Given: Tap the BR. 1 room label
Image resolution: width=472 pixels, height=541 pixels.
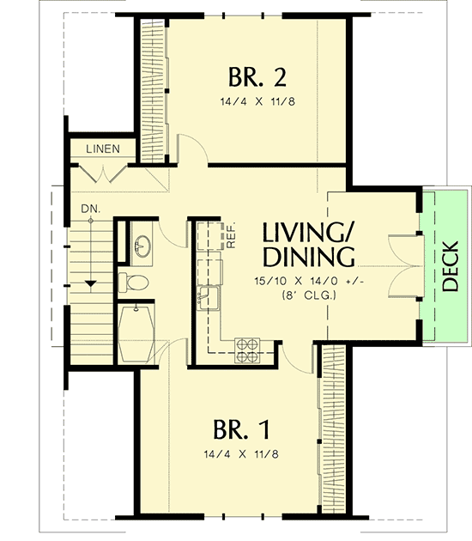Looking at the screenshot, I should (245, 428).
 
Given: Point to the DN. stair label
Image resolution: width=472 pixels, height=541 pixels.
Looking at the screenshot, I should (88, 209).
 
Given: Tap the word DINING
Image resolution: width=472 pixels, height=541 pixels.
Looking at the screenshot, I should (309, 258).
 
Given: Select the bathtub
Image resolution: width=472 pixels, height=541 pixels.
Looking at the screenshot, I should (135, 333).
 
